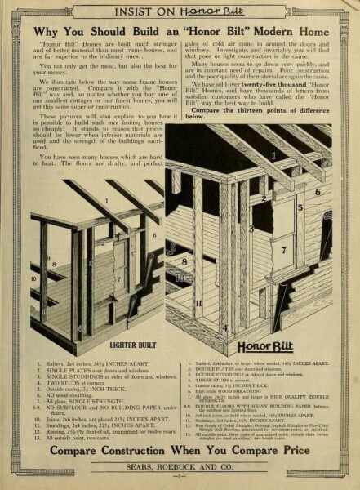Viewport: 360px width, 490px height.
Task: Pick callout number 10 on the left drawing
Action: click(x=34, y=277)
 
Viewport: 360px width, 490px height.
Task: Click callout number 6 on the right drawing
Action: click(x=317, y=193)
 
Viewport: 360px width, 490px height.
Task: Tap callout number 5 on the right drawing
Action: click(x=300, y=207)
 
